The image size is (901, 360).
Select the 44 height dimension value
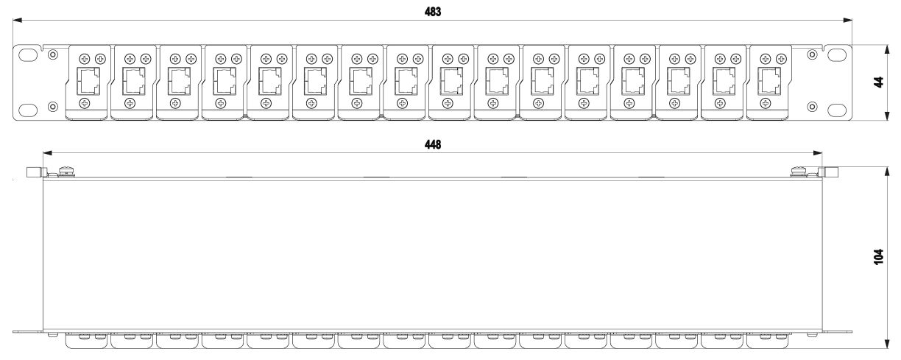877,82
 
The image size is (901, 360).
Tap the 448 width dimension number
434,145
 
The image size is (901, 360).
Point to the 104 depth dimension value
877,258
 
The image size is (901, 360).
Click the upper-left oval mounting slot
28,55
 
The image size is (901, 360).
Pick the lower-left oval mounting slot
28,109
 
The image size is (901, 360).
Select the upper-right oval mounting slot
838,55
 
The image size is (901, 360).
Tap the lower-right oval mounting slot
838,109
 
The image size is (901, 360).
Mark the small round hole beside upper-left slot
52,55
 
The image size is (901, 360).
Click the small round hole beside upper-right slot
811,55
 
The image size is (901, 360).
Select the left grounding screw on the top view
63,173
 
